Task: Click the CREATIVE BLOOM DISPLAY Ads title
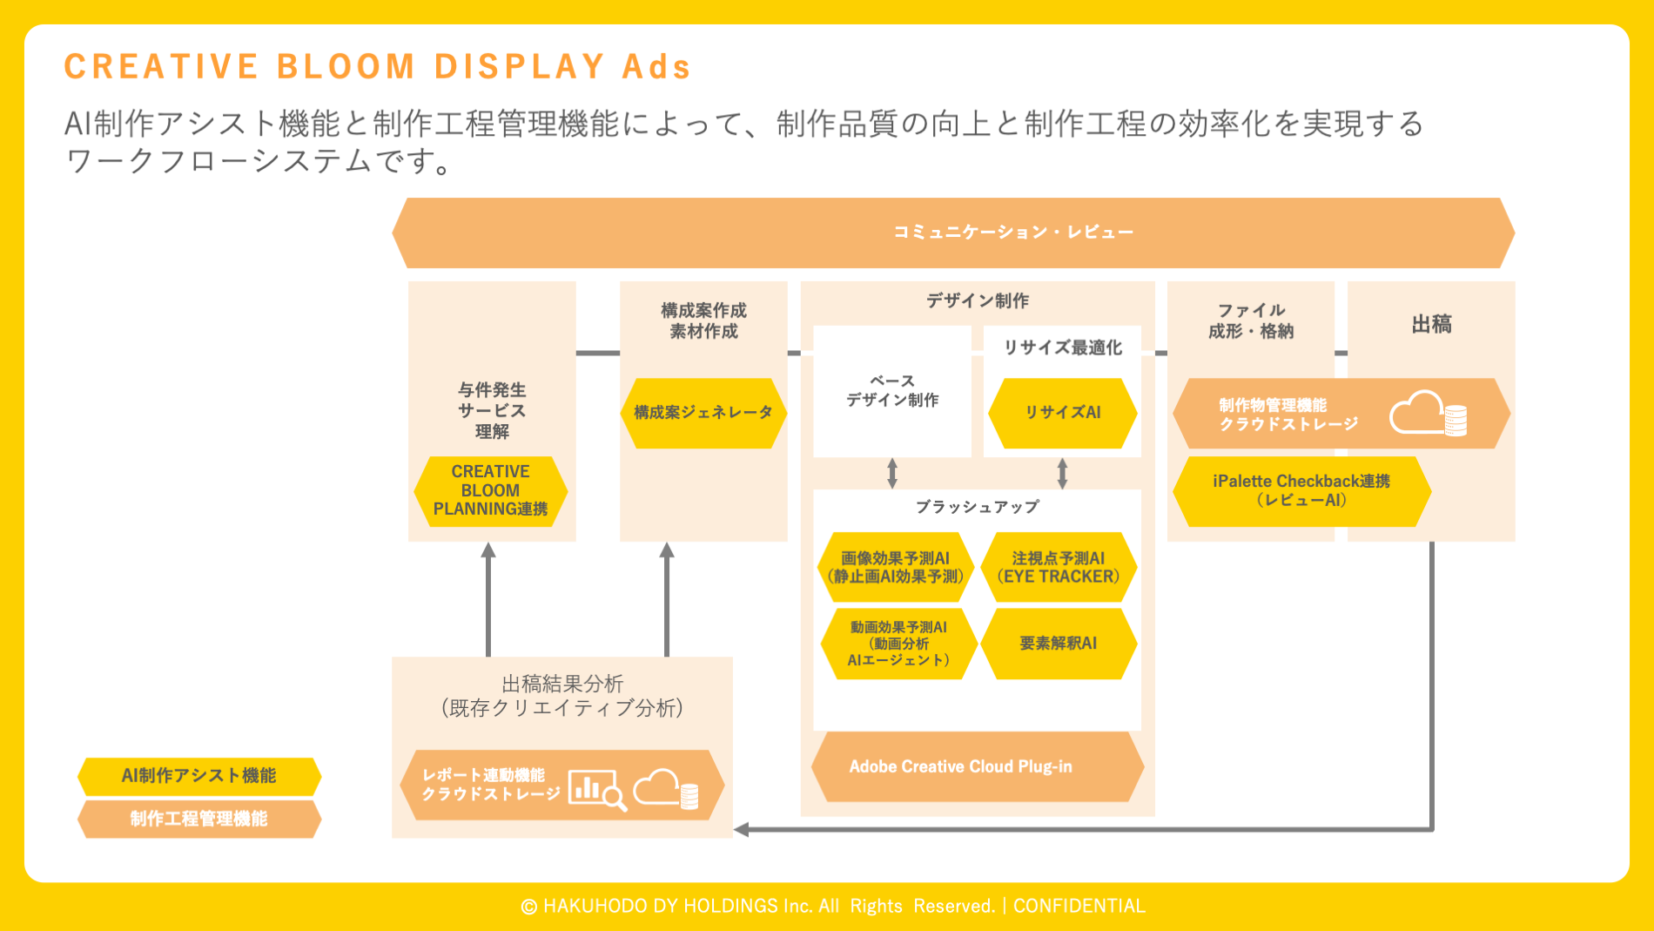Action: [377, 67]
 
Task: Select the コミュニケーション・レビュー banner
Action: [953, 233]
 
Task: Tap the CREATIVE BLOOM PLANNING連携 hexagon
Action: [490, 491]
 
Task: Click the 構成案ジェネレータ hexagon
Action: [703, 413]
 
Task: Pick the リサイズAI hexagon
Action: [1062, 413]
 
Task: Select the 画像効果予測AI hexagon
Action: [895, 567]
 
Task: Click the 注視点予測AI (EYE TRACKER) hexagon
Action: [1059, 567]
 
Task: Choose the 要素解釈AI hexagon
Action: [1059, 644]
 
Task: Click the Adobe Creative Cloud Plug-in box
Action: [977, 766]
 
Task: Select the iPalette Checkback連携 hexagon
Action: [1301, 491]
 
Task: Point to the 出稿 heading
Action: [1431, 325]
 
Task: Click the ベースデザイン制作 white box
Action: [891, 391]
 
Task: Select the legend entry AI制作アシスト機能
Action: [198, 776]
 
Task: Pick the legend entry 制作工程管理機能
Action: [198, 819]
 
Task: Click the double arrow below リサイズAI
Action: [1062, 474]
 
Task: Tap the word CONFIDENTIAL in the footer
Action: [1079, 906]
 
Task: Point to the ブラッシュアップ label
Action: [977, 507]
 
